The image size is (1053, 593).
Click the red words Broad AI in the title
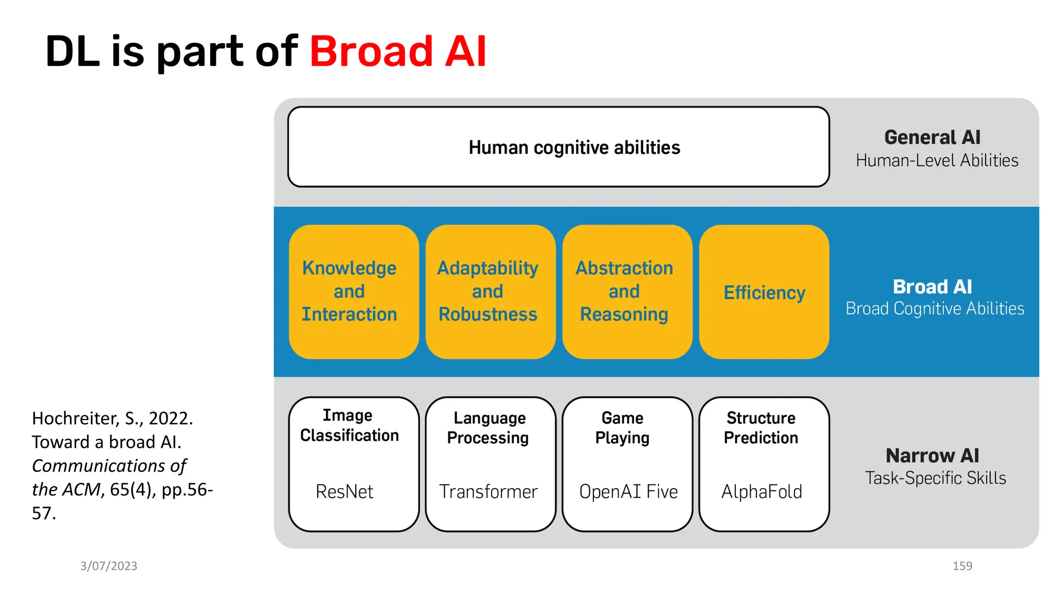(x=397, y=51)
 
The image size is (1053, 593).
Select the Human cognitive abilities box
(x=558, y=147)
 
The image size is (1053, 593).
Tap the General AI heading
(x=932, y=137)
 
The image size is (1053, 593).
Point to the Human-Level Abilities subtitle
(x=937, y=161)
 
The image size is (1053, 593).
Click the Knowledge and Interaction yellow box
(x=354, y=291)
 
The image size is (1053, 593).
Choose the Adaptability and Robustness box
(x=490, y=291)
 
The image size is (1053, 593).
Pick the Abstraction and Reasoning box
(x=627, y=291)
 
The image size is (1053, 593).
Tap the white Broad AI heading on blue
(x=932, y=287)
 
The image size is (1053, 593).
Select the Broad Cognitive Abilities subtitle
(x=935, y=308)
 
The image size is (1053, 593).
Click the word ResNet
(x=344, y=492)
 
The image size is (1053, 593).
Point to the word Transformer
(x=488, y=492)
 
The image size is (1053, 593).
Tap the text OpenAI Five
(x=628, y=492)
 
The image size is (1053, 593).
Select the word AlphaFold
(x=761, y=492)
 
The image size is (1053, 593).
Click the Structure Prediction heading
(x=761, y=428)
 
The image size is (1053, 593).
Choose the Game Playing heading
(x=622, y=428)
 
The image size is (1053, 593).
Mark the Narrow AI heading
(x=932, y=456)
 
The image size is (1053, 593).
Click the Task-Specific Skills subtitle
(x=935, y=478)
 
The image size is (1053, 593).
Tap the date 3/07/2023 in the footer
(x=108, y=566)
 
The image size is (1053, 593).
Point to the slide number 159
(x=962, y=566)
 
